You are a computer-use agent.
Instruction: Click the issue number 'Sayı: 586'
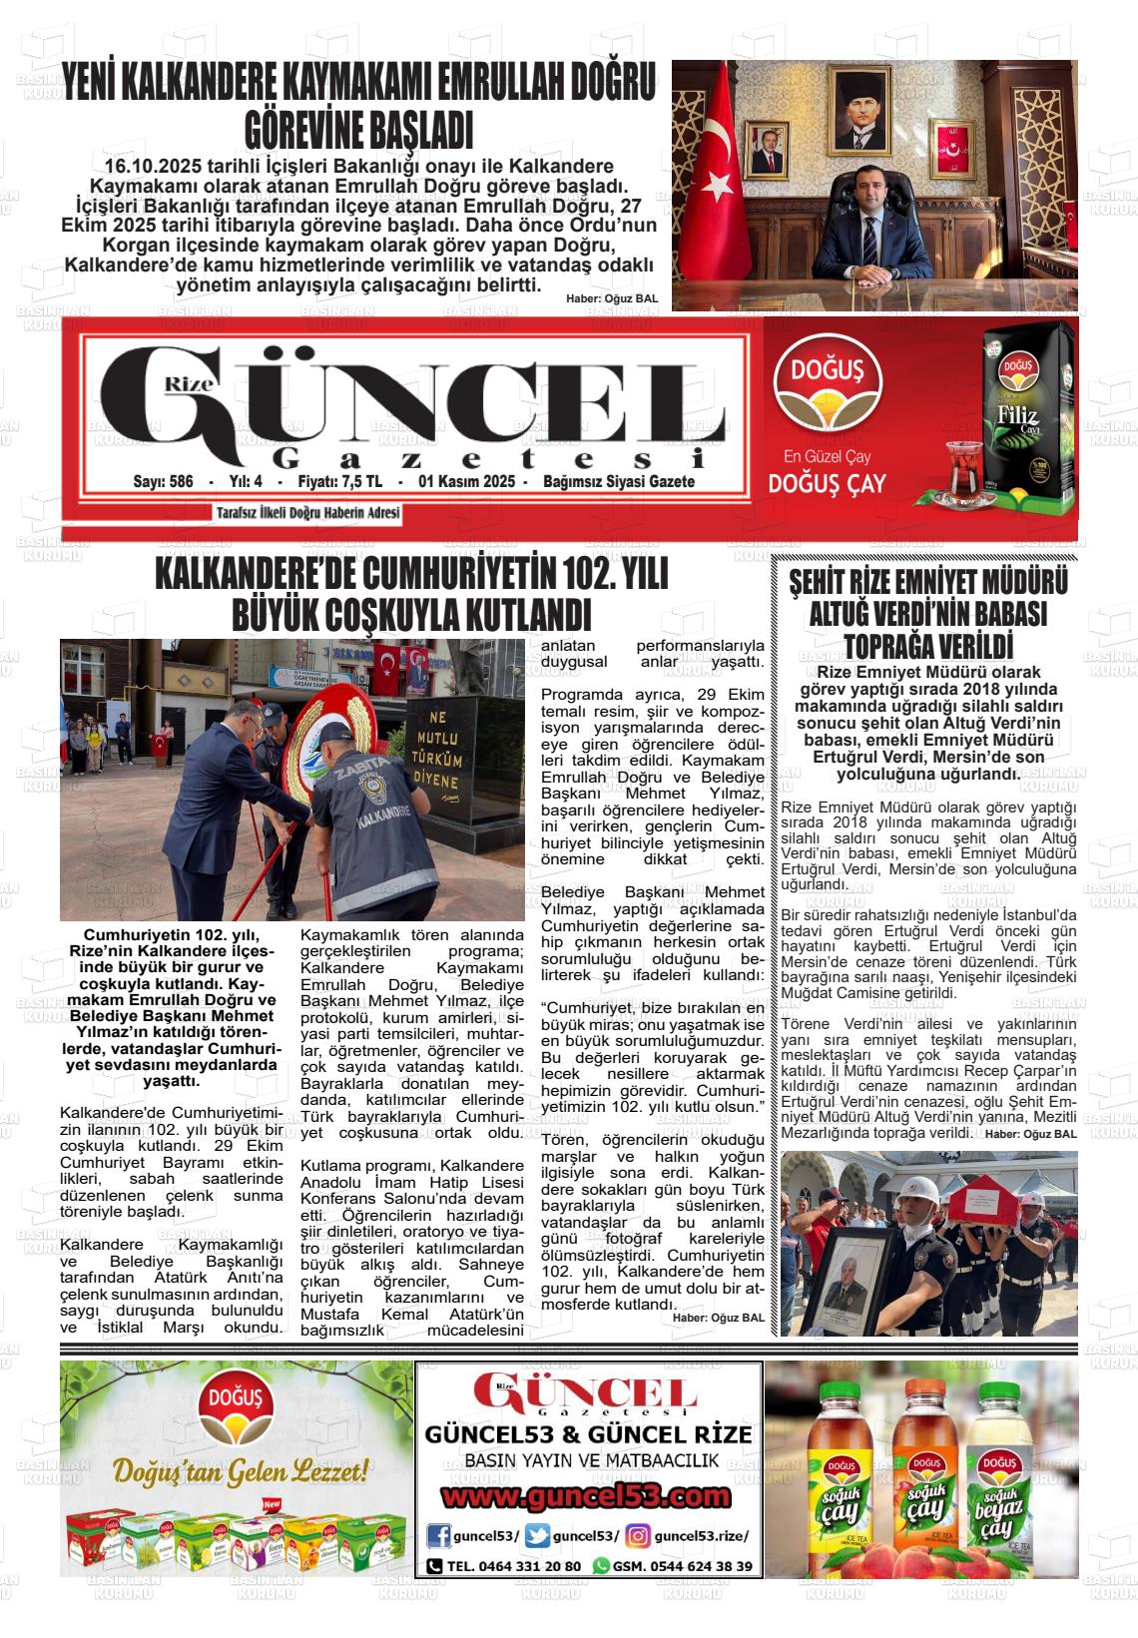163,481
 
